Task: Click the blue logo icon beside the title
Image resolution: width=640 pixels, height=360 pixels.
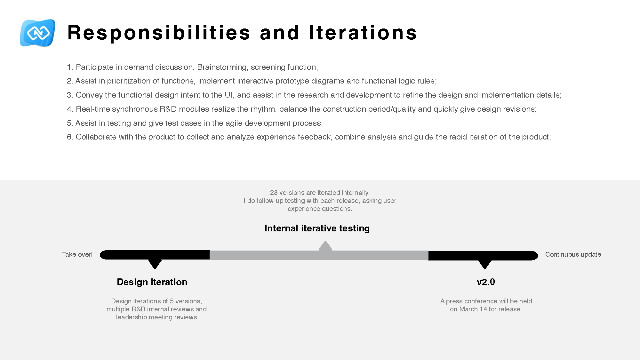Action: coord(37,33)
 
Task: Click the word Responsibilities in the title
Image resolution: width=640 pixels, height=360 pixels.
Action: coord(159,33)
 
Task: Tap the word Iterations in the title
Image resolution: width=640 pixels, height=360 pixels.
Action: coord(363,33)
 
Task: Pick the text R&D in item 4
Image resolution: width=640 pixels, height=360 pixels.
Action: coord(168,109)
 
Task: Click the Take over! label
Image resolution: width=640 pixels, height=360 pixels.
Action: coord(77,254)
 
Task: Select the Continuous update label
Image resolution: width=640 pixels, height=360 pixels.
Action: coord(573,254)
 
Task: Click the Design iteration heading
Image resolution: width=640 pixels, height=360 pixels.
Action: coord(152,282)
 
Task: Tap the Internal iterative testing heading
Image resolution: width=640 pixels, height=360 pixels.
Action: coord(317,228)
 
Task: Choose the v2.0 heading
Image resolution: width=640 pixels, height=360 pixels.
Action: coord(486,282)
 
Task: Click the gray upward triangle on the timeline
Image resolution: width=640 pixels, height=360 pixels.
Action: coord(325,246)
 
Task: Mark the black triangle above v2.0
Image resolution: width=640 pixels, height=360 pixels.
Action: coord(484,264)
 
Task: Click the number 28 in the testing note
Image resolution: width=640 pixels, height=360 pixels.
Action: coord(274,193)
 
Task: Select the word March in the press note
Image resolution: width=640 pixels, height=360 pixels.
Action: coord(468,309)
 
